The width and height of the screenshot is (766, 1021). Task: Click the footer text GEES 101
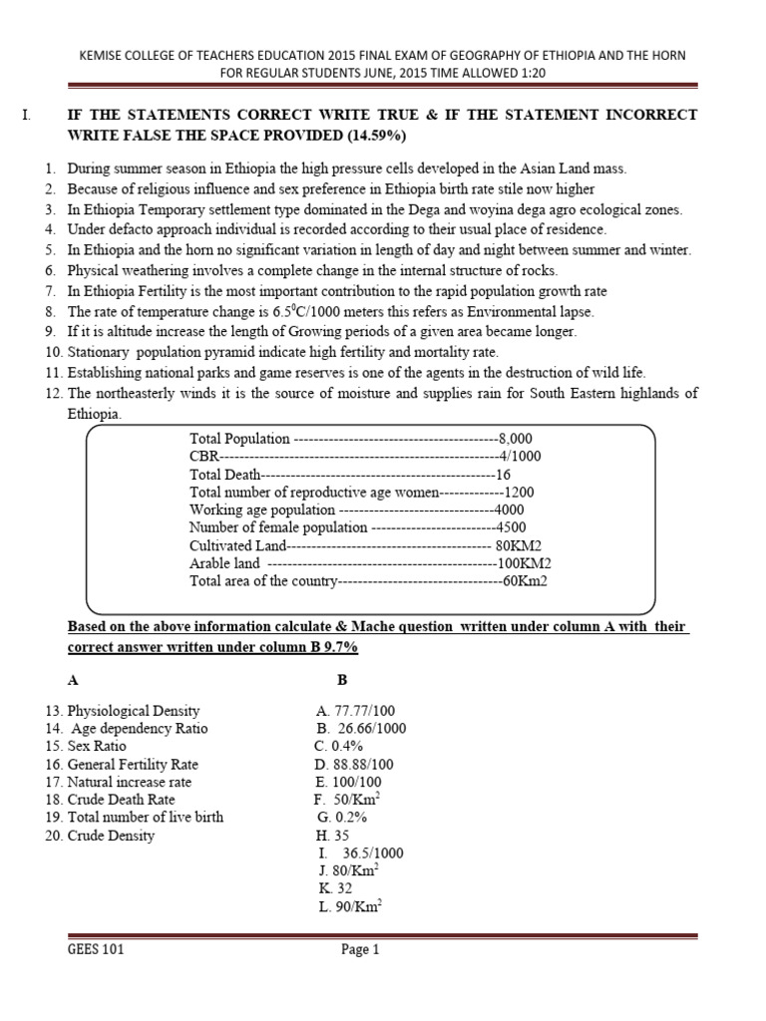coord(91,950)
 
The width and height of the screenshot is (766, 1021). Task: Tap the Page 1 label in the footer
coord(361,950)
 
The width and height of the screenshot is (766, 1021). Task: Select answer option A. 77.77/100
coord(355,711)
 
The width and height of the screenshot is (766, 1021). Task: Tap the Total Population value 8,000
coord(516,439)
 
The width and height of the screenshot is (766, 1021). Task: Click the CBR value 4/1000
coord(518,457)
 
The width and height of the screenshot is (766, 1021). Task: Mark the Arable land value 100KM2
coord(531,563)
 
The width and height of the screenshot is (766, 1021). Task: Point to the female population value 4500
coord(510,527)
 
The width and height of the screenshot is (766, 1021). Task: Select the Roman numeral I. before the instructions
coord(27,116)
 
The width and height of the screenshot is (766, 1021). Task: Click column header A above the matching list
coord(72,680)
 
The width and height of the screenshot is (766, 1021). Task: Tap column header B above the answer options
coord(342,680)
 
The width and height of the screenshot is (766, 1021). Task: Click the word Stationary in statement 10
coord(100,353)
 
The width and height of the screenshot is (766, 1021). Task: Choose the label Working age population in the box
coord(248,510)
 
